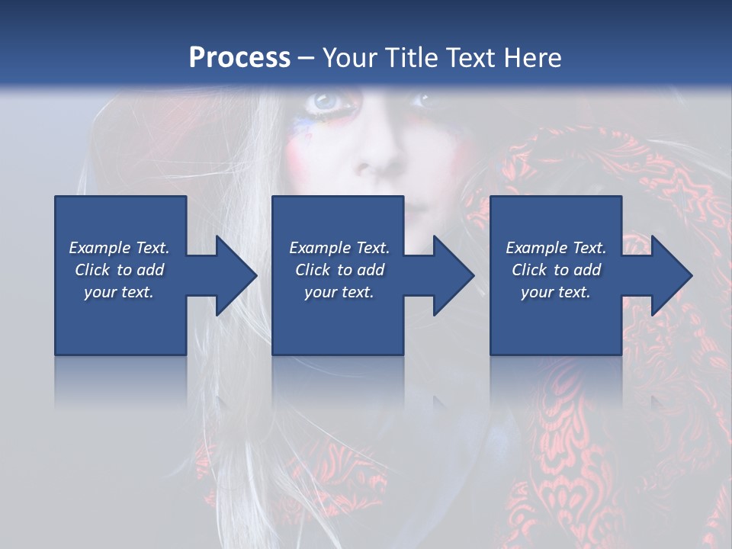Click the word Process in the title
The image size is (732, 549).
(239, 58)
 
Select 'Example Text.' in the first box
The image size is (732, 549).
(119, 248)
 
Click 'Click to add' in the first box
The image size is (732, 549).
(119, 270)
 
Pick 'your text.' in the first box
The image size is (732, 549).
(119, 292)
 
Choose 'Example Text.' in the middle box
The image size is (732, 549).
(339, 248)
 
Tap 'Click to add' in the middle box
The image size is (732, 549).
(339, 270)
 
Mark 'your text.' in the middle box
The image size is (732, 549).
(339, 292)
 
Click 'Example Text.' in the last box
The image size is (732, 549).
(556, 248)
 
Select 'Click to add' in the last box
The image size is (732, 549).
(556, 270)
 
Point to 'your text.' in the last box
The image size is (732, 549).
(556, 292)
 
